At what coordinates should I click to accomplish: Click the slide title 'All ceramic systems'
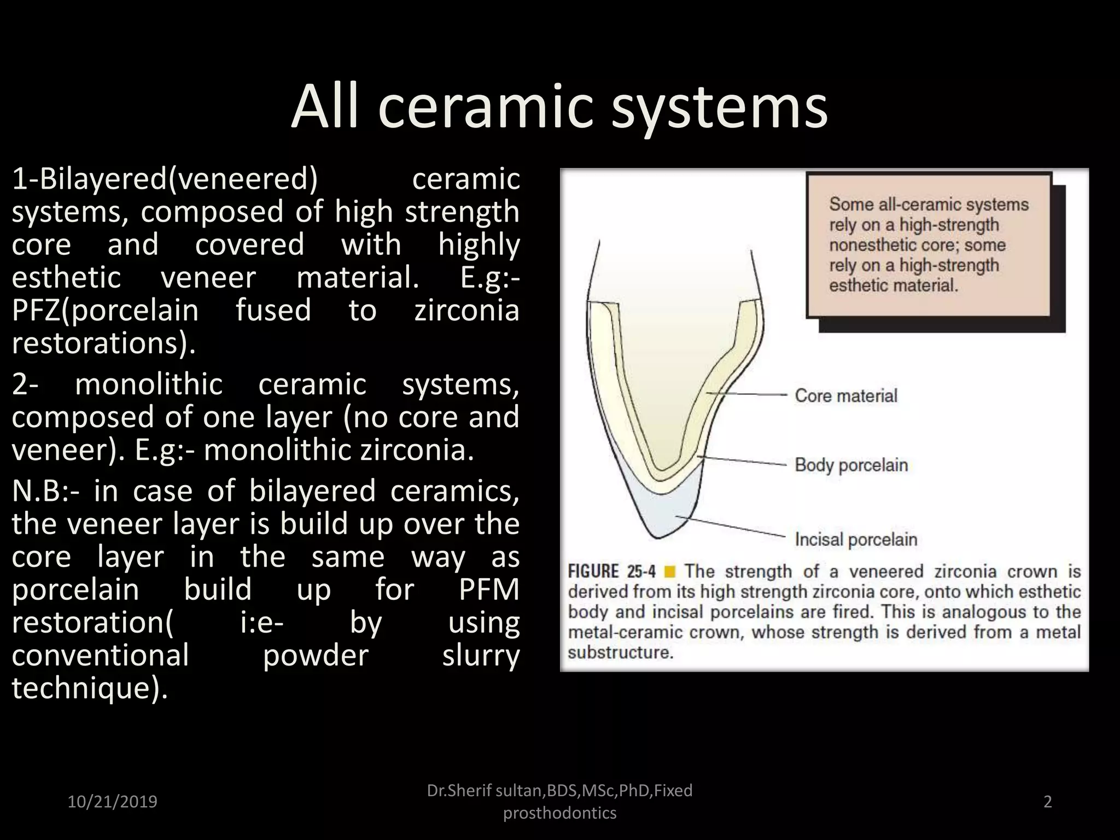click(559, 107)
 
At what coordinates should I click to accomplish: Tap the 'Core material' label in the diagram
click(845, 396)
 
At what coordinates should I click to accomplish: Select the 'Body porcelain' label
click(851, 465)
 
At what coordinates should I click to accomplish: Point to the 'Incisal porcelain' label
click(855, 540)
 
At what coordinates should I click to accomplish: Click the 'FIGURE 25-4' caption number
click(611, 572)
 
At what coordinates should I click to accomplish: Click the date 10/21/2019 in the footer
click(112, 802)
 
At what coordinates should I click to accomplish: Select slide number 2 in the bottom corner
click(1047, 802)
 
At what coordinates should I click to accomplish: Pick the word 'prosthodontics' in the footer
click(559, 813)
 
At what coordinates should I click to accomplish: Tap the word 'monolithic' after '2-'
click(149, 384)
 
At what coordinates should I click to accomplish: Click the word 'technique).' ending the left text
click(90, 688)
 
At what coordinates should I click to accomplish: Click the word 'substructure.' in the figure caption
click(620, 653)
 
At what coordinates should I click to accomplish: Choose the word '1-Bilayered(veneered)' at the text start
click(165, 179)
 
